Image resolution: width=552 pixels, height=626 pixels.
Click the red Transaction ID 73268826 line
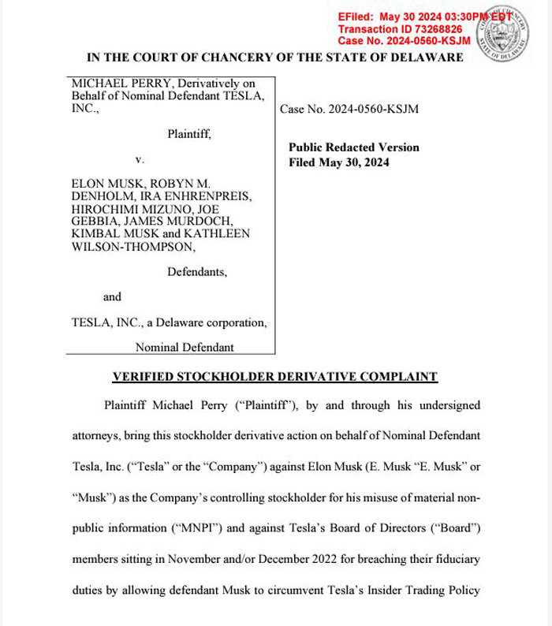point(400,28)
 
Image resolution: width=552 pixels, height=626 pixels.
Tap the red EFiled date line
point(418,17)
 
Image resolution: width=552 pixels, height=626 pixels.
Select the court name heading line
point(275,58)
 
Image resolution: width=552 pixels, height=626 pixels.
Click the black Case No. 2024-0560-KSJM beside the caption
point(349,110)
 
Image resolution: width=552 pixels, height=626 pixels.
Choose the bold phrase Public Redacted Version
point(354,147)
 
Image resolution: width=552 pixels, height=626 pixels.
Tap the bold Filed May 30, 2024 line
point(339,162)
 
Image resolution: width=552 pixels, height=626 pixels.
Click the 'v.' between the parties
point(140,159)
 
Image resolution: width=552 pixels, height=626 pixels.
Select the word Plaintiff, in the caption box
point(189,134)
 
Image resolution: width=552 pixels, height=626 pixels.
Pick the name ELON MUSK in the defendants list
point(104,183)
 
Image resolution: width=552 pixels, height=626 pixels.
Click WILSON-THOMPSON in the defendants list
point(133,246)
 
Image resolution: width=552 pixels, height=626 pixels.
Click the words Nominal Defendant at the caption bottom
point(185,347)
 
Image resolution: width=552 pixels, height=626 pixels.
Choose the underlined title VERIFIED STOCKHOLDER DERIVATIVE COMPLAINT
point(275,377)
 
